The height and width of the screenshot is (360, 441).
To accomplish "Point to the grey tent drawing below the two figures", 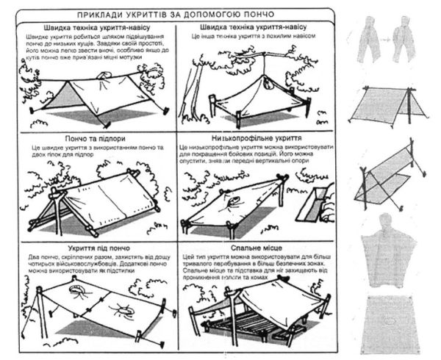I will point(386,110).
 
